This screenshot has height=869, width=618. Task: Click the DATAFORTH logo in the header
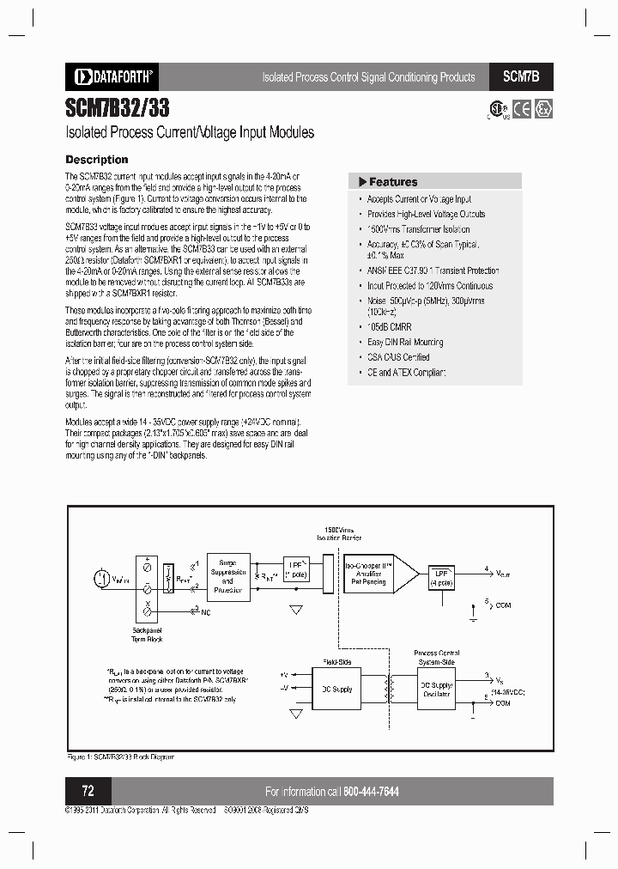109,76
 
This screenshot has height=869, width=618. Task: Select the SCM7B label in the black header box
521,76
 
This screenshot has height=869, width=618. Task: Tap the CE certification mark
522,110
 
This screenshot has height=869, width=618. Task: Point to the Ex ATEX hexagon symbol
543,110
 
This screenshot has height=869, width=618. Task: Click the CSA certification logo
497,111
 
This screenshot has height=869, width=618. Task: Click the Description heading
97,160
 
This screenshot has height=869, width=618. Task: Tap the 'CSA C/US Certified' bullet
398,357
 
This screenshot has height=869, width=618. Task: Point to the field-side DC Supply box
336,690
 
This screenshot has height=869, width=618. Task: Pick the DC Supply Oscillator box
436,689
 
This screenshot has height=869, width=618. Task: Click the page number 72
88,791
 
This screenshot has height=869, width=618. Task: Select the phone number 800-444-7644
371,792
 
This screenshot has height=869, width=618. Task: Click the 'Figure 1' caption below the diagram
120,757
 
